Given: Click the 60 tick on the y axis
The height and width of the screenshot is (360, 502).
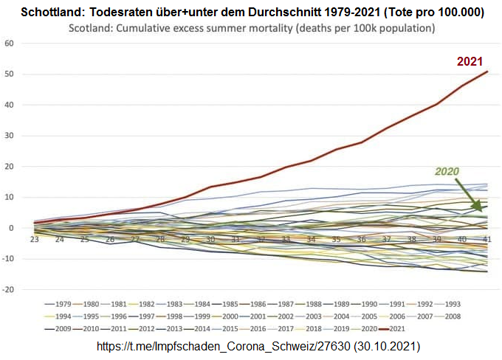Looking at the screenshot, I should click(10, 44).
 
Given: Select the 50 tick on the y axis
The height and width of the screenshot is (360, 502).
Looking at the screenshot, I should click(10, 75).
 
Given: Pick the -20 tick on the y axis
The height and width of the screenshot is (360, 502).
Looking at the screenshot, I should click(8, 290).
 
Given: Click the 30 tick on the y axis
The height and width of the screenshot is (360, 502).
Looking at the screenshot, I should click(10, 136).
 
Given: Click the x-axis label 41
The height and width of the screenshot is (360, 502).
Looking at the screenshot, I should click(487, 239).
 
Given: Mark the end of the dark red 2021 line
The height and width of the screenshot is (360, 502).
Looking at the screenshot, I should click(487, 72).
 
